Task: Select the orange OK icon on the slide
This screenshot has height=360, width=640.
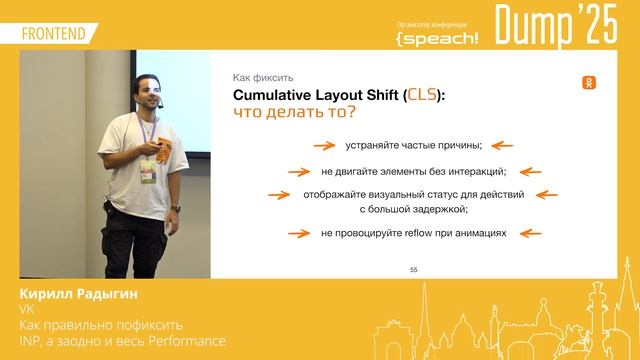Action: pyautogui.click(x=592, y=83)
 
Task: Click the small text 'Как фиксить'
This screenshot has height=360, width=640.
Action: pyautogui.click(x=262, y=76)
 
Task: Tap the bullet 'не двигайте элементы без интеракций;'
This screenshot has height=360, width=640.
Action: pyautogui.click(x=414, y=170)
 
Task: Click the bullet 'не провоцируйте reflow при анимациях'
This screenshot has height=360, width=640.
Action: pyautogui.click(x=414, y=233)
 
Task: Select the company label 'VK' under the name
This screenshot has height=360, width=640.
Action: pyautogui.click(x=26, y=311)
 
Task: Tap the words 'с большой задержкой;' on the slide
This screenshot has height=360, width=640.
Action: pyautogui.click(x=414, y=209)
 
